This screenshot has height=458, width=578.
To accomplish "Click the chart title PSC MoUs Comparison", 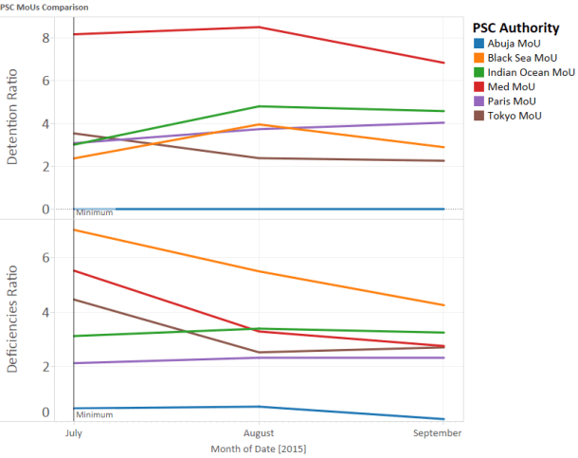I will click(45, 6).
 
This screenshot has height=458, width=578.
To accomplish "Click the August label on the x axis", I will click(260, 431).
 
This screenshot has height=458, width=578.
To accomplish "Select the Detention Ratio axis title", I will click(13, 122).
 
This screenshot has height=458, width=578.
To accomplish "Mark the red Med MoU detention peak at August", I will click(260, 27).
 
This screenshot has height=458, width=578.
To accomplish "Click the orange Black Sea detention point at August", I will click(260, 124).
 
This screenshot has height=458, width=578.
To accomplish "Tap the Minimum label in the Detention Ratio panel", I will click(95, 212).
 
